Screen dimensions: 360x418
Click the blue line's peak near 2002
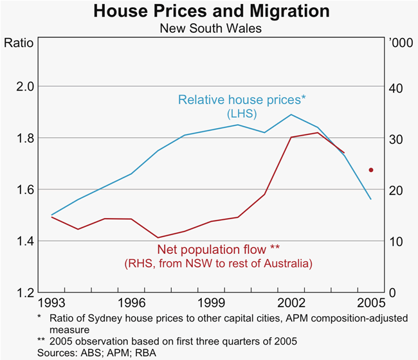pyautogui.click(x=291, y=114)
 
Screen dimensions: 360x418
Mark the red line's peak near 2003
pyautogui.click(x=317, y=132)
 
